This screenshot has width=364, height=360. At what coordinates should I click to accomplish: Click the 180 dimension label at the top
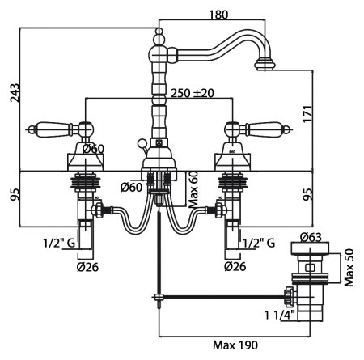click(x=218, y=15)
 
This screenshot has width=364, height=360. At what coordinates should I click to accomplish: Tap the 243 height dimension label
click(x=15, y=93)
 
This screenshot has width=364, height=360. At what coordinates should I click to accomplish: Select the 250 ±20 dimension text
click(x=193, y=93)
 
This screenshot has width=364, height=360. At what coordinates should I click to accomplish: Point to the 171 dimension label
click(x=308, y=114)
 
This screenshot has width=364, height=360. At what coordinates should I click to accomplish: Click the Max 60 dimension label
click(x=193, y=189)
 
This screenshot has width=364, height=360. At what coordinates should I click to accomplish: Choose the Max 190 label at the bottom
click(x=235, y=345)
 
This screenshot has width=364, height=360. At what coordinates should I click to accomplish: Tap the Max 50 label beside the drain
click(x=349, y=268)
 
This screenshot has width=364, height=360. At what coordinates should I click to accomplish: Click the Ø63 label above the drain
click(x=311, y=237)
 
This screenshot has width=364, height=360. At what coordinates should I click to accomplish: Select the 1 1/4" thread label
click(x=280, y=315)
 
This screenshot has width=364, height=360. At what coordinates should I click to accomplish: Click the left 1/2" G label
click(x=59, y=244)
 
